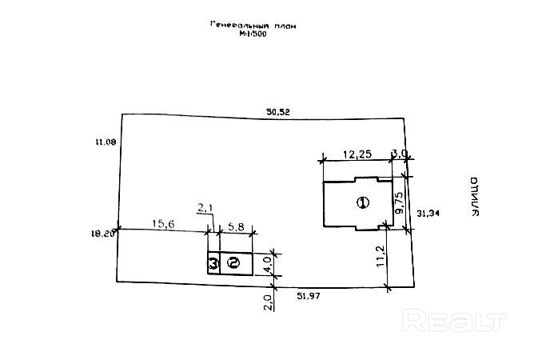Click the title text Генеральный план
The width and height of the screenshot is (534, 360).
[253, 26]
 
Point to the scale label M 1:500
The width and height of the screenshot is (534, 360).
[253, 34]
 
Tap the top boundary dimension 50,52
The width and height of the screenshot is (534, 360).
[279, 113]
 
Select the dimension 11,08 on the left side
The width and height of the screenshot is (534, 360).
[105, 142]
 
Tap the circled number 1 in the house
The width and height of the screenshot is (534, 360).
[362, 202]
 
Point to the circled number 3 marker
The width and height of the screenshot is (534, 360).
[213, 262]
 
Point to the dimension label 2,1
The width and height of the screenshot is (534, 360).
[205, 208]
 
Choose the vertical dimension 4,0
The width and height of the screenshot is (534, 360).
[269, 259]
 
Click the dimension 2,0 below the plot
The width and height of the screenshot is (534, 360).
[269, 302]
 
